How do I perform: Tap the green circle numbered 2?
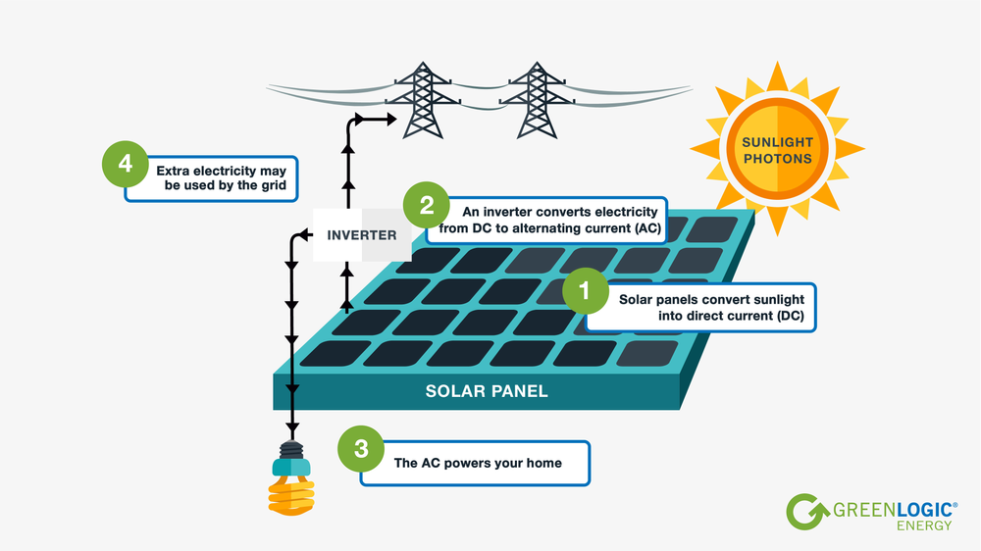tap(426, 206)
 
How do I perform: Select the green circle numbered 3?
tap(361, 449)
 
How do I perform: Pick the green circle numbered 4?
tap(126, 164)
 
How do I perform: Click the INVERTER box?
tap(362, 235)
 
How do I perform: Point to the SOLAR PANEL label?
tap(487, 391)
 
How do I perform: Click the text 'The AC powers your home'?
tap(478, 463)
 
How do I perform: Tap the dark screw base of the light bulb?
tap(292, 450)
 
